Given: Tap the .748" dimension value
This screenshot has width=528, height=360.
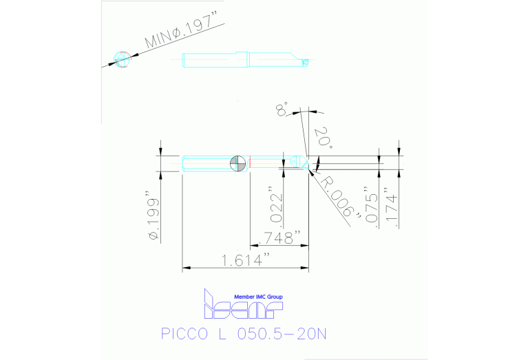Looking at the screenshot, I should tap(279, 238).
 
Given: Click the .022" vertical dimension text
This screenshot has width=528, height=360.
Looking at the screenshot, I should tap(275, 204).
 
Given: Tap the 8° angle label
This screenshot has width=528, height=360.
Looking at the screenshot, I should tap(282, 108).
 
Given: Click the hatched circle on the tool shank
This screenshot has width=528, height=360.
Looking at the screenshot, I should tap(237, 163).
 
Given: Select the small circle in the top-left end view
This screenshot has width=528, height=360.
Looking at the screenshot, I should tap(123, 59).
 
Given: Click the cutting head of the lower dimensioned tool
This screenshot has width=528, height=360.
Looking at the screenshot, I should tap(297, 162).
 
